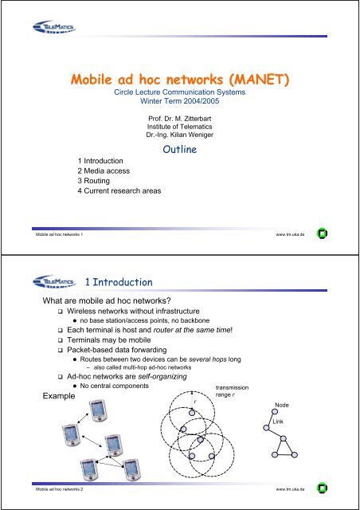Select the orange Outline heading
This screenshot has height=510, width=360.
point(180,149)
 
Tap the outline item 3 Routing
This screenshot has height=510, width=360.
point(99,181)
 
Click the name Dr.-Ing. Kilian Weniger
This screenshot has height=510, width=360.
point(179,136)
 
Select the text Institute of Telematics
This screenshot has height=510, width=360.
point(179,127)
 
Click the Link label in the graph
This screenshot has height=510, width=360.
point(277,421)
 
